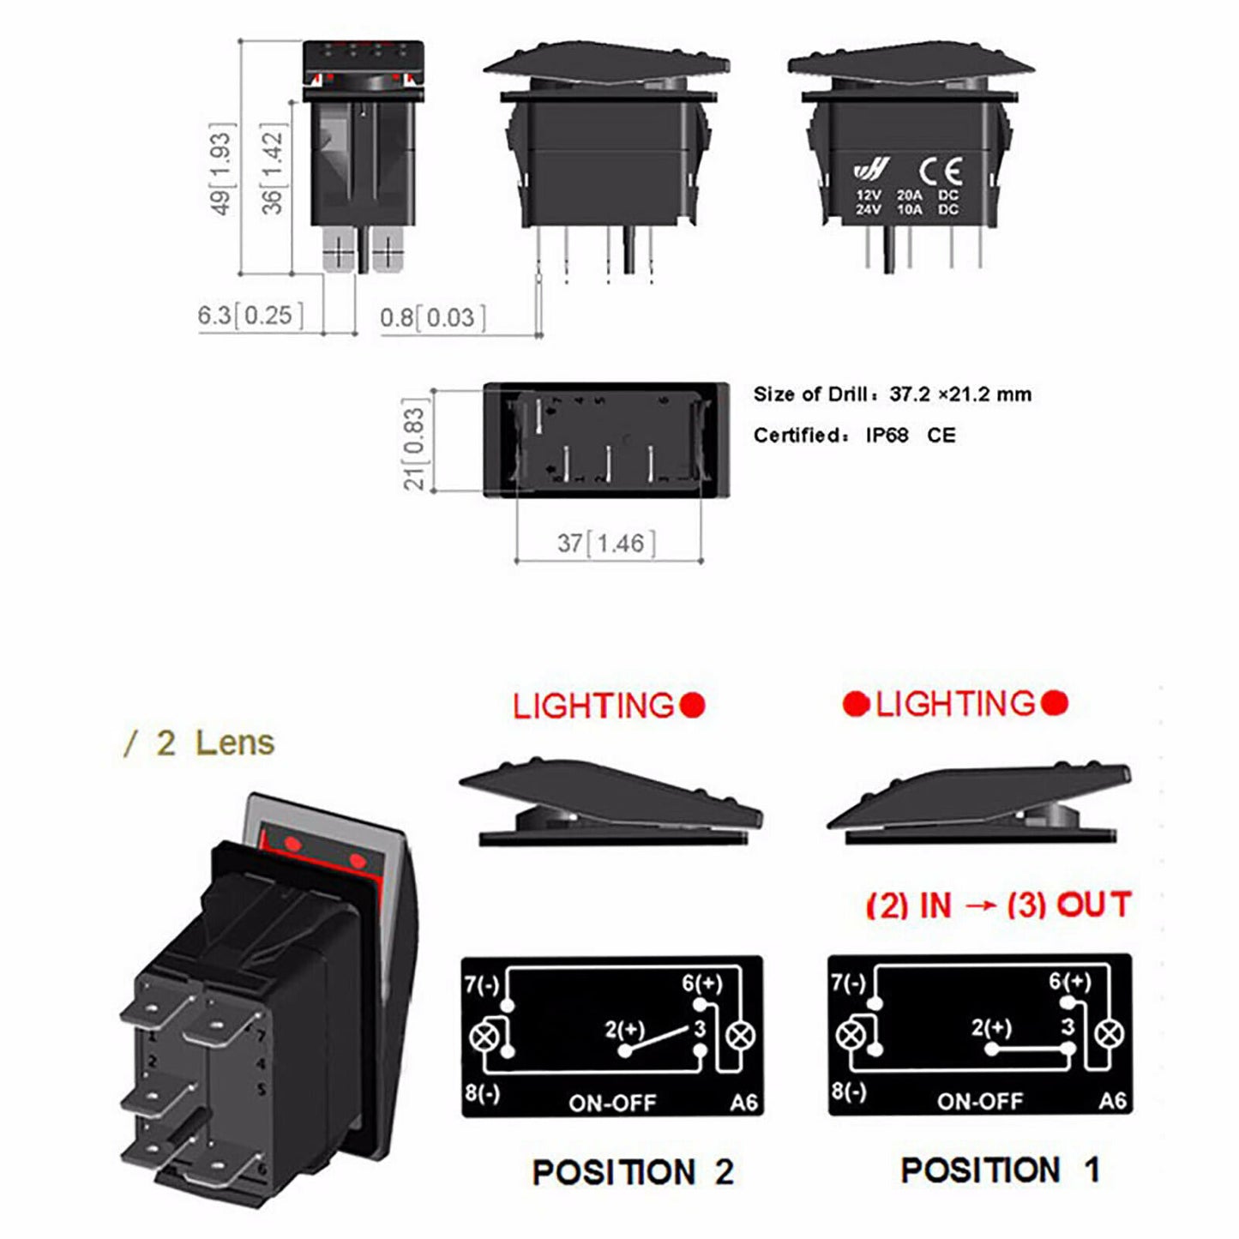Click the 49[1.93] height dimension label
pos(220,168)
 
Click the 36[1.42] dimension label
pos(272,168)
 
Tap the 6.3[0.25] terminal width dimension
pos(250,316)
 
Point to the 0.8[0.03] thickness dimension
pos(433,318)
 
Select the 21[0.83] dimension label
pos(414,444)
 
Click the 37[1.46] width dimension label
pos(606,543)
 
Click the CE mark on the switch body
pos(941,171)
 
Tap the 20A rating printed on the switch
pos(910,195)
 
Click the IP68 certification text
pos(887,436)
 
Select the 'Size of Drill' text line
pos(892,394)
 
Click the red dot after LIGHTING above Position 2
pos(693,706)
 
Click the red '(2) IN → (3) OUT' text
pos(998,905)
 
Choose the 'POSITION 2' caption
pos(633,1172)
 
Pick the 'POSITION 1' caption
pos(1000,1170)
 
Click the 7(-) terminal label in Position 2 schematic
pos(481,984)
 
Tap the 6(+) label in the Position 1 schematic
pos(1069,982)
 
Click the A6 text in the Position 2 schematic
pos(743,1103)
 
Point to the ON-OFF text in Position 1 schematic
pos(980,1101)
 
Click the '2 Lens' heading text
pos(214,743)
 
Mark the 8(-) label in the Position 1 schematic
pos(848,1092)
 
